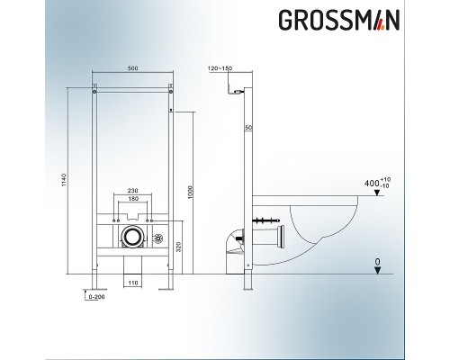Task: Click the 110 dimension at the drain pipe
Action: click(x=133, y=283)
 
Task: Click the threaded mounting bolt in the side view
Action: click(x=267, y=219)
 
